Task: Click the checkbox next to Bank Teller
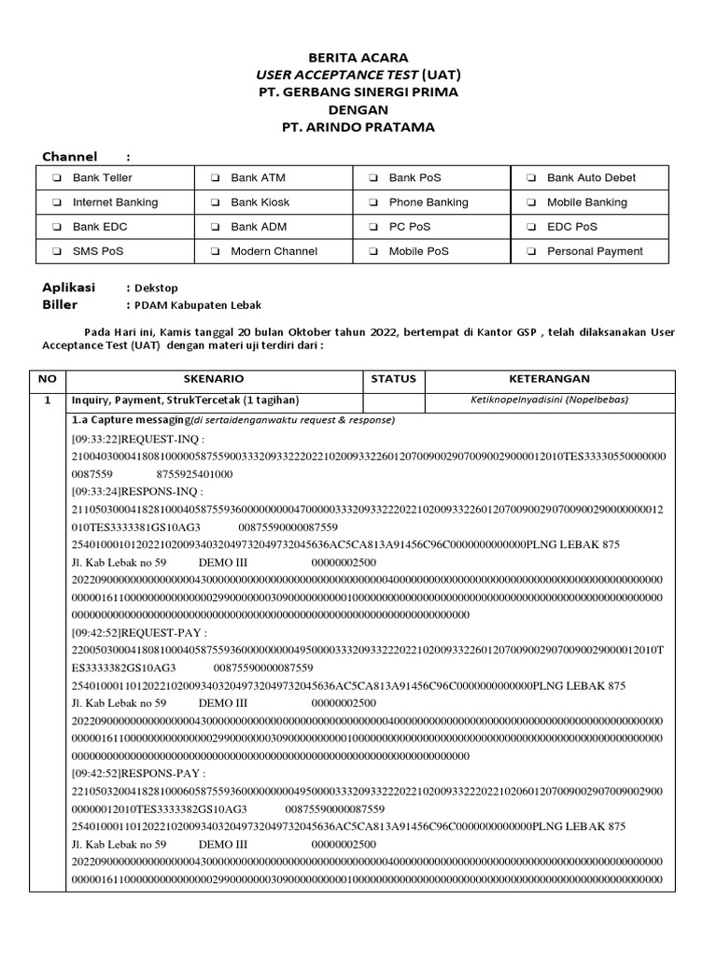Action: pyautogui.click(x=57, y=178)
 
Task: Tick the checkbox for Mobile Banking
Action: pyautogui.click(x=531, y=203)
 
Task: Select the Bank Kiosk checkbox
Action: pyautogui.click(x=215, y=203)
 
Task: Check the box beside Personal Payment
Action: pyautogui.click(x=531, y=251)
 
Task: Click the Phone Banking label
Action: pyautogui.click(x=429, y=203)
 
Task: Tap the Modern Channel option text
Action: pyautogui.click(x=274, y=251)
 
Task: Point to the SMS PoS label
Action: pyautogui.click(x=98, y=251)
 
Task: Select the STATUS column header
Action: pyautogui.click(x=393, y=379)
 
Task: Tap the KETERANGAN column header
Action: pyautogui.click(x=549, y=379)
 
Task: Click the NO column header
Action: pyautogui.click(x=48, y=379)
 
